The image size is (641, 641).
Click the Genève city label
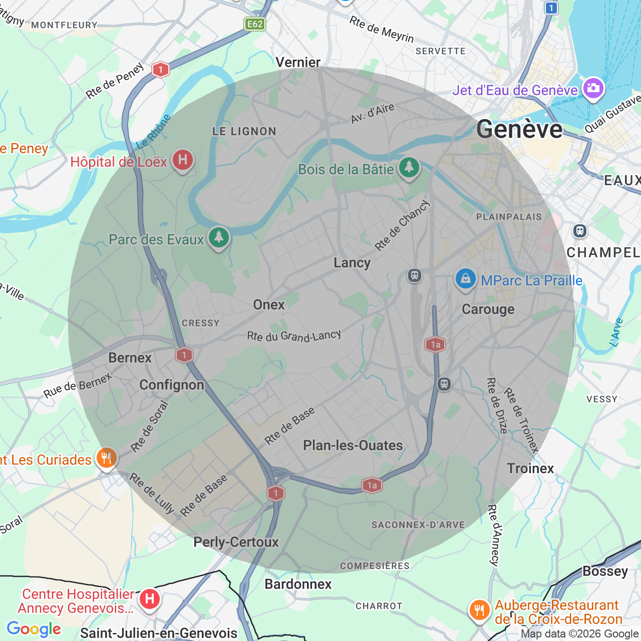pyautogui.click(x=519, y=130)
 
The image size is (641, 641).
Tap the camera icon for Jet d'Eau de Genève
pyautogui.click(x=593, y=89)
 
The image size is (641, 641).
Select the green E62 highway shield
pyautogui.click(x=254, y=24)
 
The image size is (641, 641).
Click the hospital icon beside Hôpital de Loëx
pyautogui.click(x=183, y=160)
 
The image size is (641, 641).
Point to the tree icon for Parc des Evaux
pyautogui.click(x=218, y=237)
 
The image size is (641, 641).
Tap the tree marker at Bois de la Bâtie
pyautogui.click(x=409, y=167)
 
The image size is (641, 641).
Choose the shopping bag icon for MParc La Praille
pyautogui.click(x=465, y=279)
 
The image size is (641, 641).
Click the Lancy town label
pyautogui.click(x=352, y=263)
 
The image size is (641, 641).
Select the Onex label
pyautogui.click(x=269, y=305)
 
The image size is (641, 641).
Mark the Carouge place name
pyautogui.click(x=488, y=309)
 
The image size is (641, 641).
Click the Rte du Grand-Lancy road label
pyautogui.click(x=294, y=336)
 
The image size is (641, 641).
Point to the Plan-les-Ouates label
pyautogui.click(x=353, y=446)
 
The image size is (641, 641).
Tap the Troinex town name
pyautogui.click(x=530, y=469)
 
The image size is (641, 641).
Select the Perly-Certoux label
pyautogui.click(x=236, y=542)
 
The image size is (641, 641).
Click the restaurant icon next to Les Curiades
pyautogui.click(x=106, y=458)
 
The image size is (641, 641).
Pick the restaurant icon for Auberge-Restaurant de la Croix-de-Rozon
pyautogui.click(x=479, y=610)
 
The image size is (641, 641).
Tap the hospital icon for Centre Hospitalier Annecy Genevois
pyautogui.click(x=149, y=599)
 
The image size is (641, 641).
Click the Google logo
pyautogui.click(x=34, y=629)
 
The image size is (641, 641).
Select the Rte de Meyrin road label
pyautogui.click(x=382, y=30)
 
